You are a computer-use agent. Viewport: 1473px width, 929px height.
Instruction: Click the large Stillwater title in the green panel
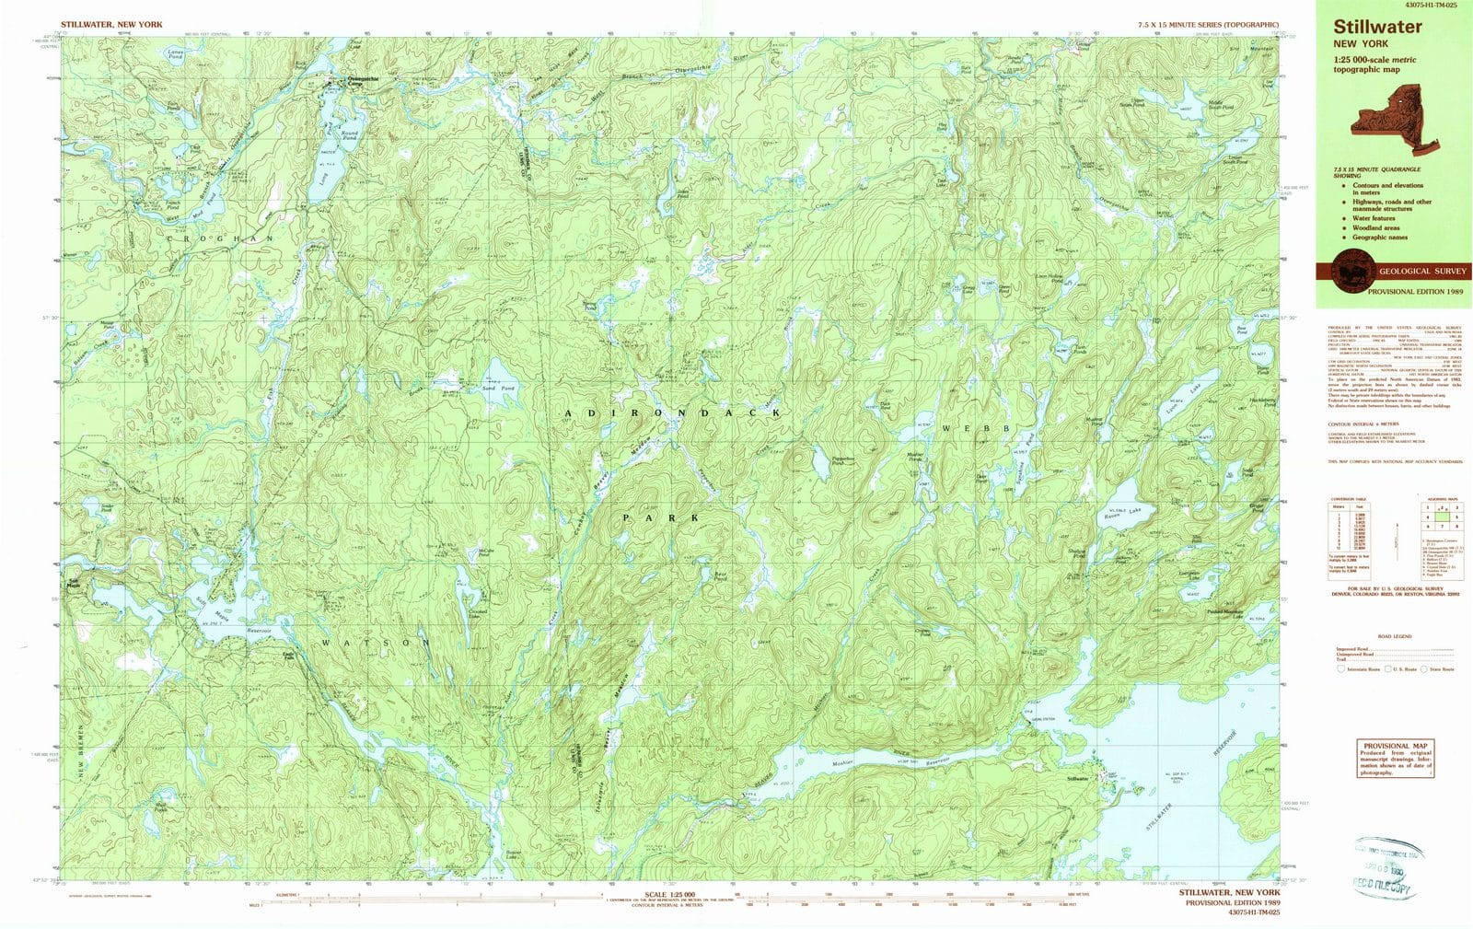[x=1377, y=27]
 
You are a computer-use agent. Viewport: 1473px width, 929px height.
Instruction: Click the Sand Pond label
[x=499, y=389]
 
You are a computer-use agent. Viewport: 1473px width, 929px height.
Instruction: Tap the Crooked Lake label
[x=477, y=614]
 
